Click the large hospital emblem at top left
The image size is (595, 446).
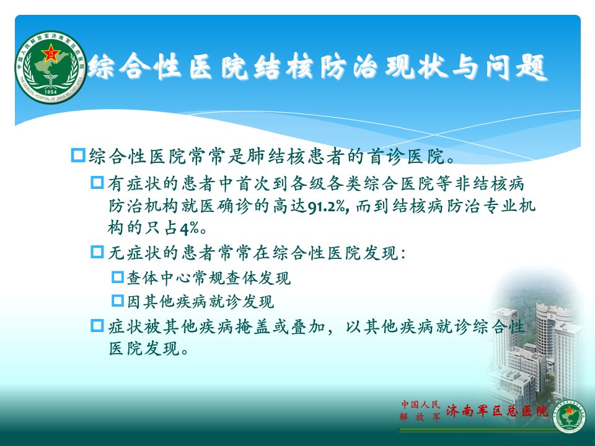[51, 67]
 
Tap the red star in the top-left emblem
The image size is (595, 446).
[50, 52]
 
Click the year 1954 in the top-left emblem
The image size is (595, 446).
[50, 92]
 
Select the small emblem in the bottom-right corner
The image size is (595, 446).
[568, 416]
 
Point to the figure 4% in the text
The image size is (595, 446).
[189, 229]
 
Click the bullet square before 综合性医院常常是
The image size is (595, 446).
[78, 155]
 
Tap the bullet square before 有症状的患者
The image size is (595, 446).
[97, 183]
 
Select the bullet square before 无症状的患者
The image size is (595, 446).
[97, 252]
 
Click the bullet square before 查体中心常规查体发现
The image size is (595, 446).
[118, 277]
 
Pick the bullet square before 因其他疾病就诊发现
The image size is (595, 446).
[118, 301]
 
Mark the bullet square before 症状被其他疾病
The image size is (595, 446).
[97, 325]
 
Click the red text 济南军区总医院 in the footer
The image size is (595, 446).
[497, 410]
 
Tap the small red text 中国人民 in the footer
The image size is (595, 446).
[420, 404]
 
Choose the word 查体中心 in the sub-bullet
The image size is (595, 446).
[159, 278]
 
